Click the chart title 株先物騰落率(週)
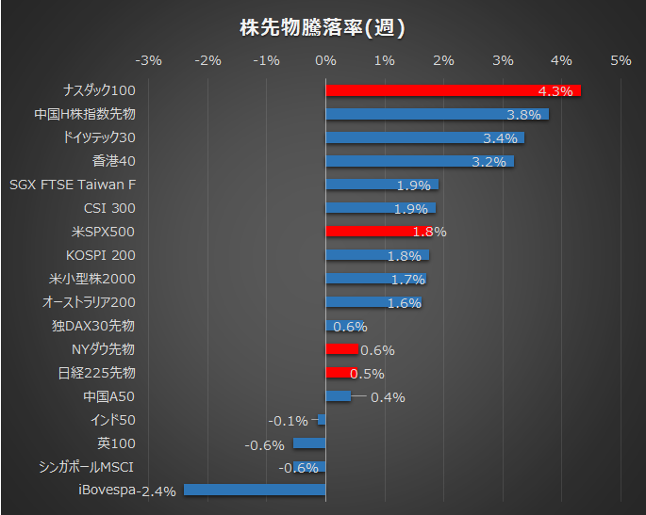(323, 27)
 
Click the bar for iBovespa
(255, 490)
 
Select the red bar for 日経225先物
(341, 373)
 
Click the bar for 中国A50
(338, 396)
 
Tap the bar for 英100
(309, 443)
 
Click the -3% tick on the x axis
(149, 61)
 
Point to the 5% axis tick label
(621, 61)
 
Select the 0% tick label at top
(325, 61)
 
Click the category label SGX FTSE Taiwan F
(72, 185)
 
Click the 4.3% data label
(555, 91)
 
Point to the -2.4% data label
(158, 491)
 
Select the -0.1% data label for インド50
(289, 421)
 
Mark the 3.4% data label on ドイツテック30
(499, 138)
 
